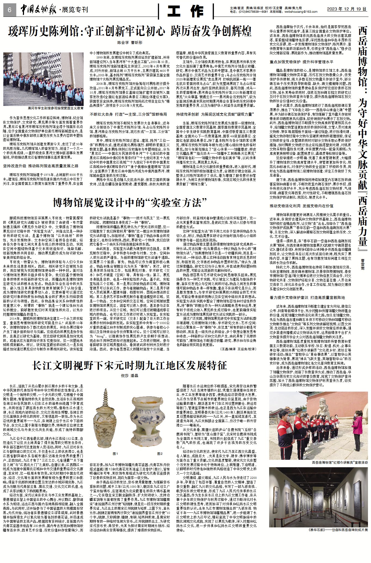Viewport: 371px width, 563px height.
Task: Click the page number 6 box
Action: pyautogui.click(x=9, y=10)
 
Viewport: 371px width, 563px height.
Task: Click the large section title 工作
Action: pyautogui.click(x=186, y=12)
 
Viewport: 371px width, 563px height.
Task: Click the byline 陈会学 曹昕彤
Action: pyautogui.click(x=130, y=43)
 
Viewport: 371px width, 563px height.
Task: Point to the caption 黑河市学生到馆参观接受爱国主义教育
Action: pyautogui.click(x=55, y=108)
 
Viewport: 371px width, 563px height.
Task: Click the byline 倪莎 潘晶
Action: pyautogui.click(x=129, y=376)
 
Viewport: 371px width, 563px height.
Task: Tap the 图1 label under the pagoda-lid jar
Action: pyautogui.click(x=115, y=454)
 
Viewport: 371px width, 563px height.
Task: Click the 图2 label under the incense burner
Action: pyautogui.click(x=160, y=454)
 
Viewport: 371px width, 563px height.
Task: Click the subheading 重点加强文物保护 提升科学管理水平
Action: pyautogui.click(x=301, y=62)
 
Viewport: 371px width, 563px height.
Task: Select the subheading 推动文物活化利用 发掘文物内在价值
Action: pyautogui.click(x=301, y=206)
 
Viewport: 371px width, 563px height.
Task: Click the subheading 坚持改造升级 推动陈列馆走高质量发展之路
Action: pyautogui.click(x=41, y=166)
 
